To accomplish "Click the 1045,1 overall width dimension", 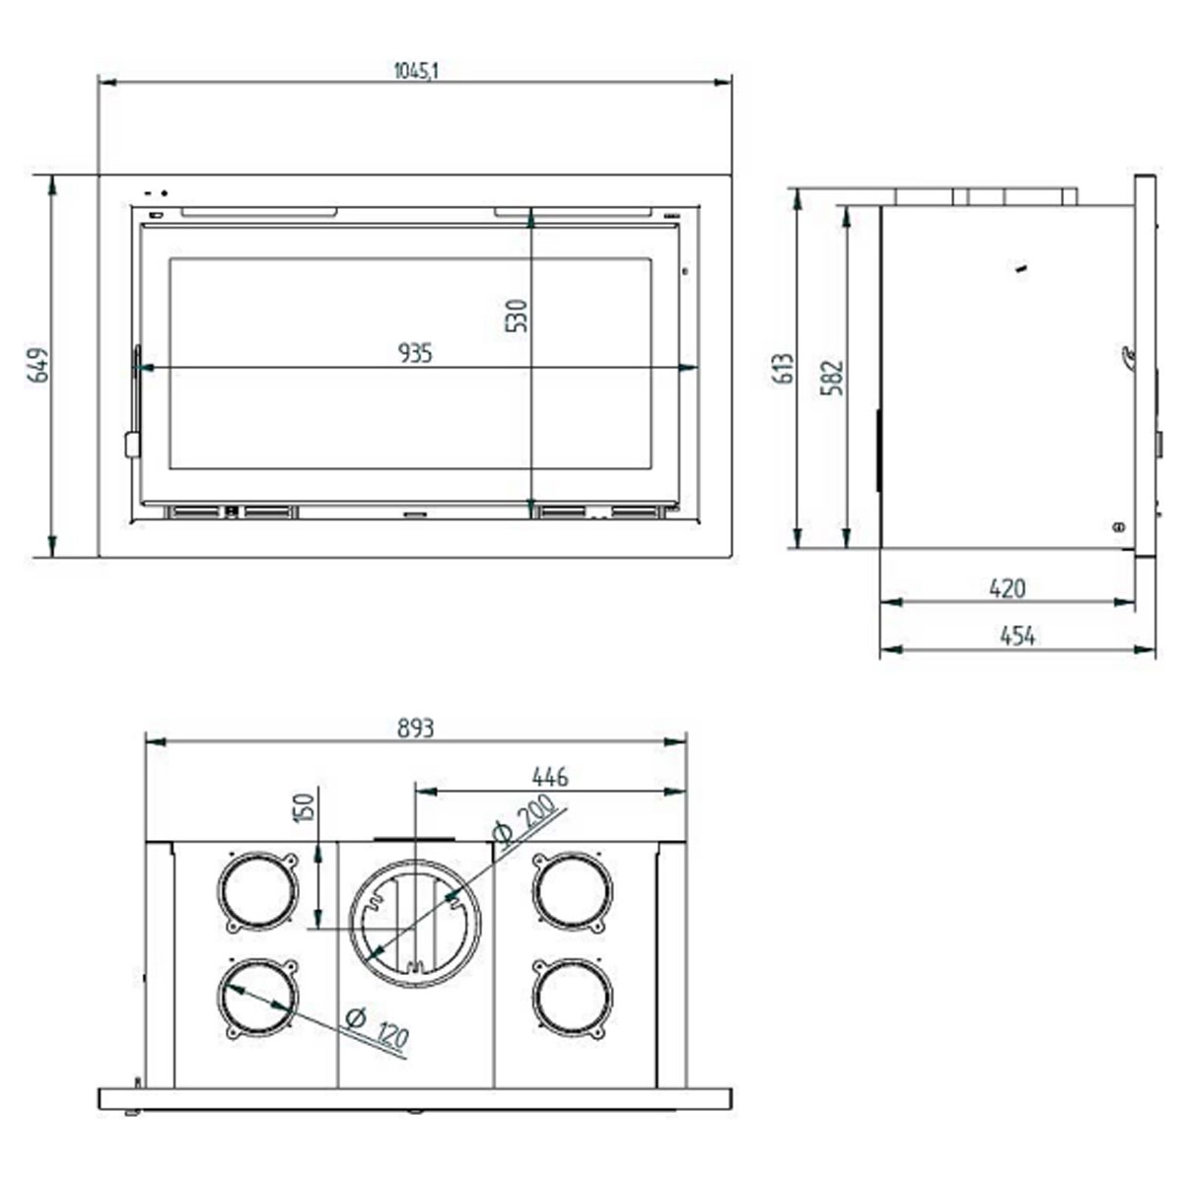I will click(x=415, y=70).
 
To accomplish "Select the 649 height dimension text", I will click(x=37, y=365).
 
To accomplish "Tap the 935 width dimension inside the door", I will click(x=415, y=352).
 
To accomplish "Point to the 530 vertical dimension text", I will click(x=518, y=315).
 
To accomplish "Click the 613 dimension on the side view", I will click(x=785, y=369).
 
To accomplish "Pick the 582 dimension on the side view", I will click(x=833, y=378).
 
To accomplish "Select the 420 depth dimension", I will click(x=1007, y=588).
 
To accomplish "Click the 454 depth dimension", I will click(x=1017, y=636).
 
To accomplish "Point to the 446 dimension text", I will click(x=549, y=777).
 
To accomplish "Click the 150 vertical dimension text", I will click(x=304, y=807).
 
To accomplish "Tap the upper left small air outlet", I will click(x=257, y=891).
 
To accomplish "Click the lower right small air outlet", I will click(x=572, y=997).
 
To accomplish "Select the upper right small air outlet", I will click(x=572, y=891).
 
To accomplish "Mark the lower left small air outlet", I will click(x=257, y=997).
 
